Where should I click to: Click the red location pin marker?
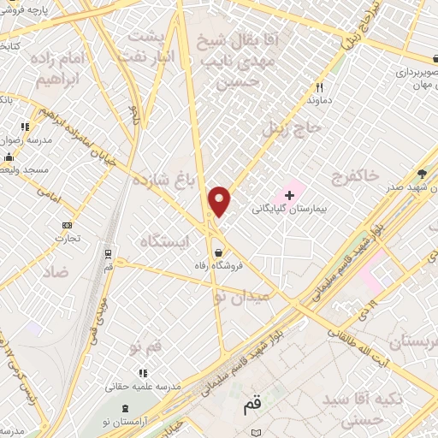coord(220,201)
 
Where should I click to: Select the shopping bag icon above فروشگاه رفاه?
coord(221,252)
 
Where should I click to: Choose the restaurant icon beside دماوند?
coord(319,86)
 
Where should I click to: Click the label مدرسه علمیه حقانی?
coord(141,386)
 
